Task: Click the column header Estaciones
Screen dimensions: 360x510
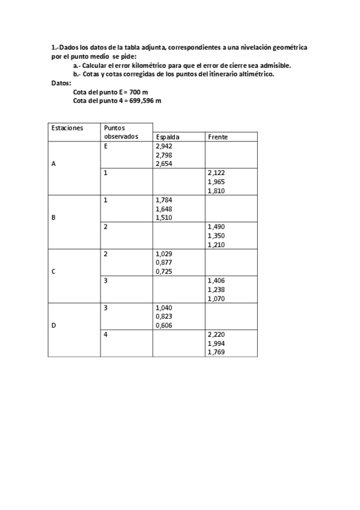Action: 67,128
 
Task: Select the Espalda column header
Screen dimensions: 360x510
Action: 168,137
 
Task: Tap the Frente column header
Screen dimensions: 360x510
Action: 218,137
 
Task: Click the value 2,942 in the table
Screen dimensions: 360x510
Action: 163,146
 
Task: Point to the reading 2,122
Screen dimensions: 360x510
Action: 216,173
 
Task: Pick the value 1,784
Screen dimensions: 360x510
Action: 163,200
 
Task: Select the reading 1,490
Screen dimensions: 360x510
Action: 216,226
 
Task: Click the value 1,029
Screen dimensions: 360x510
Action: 163,254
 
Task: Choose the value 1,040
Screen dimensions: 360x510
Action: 163,307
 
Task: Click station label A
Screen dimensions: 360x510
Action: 54,165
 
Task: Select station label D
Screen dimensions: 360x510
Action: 54,325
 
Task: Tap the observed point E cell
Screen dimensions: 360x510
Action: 106,146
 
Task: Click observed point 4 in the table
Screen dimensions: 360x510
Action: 106,334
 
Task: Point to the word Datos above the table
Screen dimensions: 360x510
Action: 61,82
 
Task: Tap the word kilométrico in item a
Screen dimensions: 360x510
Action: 134,65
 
